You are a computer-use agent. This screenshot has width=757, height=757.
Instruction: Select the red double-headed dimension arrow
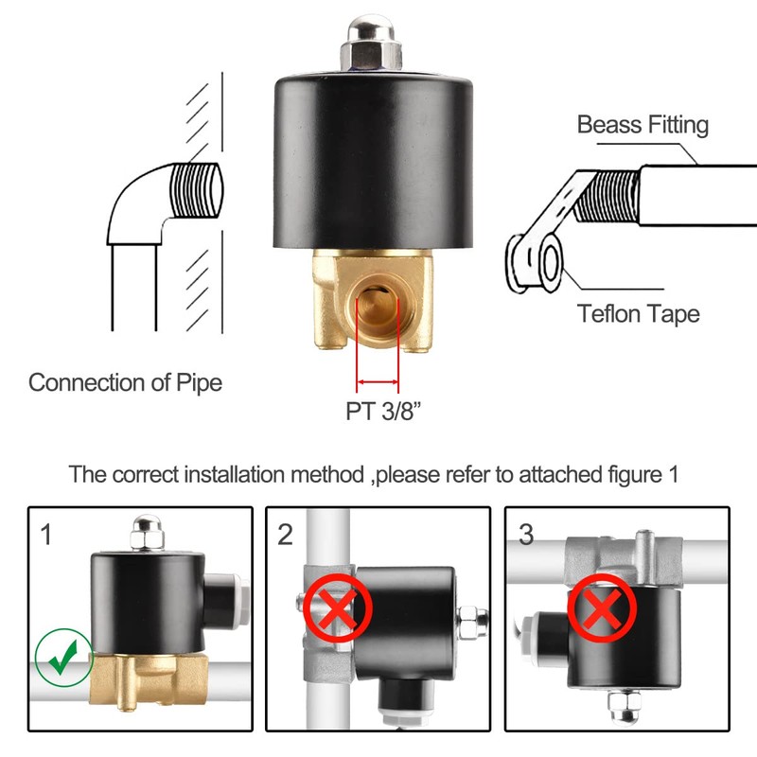[x=378, y=382]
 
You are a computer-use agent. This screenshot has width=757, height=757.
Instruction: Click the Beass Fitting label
[x=643, y=125]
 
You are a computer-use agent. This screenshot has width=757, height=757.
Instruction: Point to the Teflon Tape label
[x=639, y=313]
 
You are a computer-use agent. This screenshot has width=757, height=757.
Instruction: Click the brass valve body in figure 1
[x=147, y=677]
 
